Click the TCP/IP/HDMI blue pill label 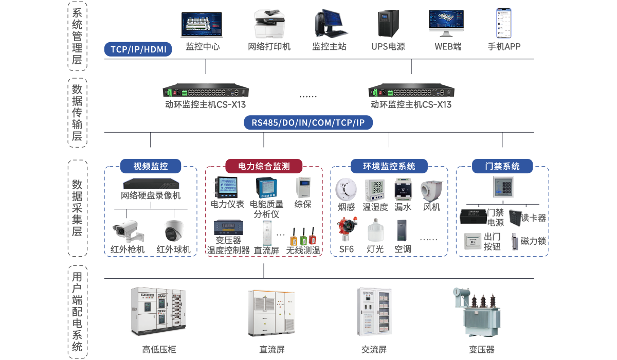coord(138,49)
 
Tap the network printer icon coord(269,23)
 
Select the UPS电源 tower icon coord(388,23)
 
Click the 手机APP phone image coord(504,23)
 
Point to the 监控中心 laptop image coord(202,24)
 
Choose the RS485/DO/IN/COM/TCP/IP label coord(308,123)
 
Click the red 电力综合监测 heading coord(264,166)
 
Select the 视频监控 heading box coord(151,166)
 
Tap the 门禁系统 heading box coord(502,166)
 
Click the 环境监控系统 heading coord(389,166)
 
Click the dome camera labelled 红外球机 coord(174,230)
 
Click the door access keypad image coord(502,186)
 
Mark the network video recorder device coord(151,184)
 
